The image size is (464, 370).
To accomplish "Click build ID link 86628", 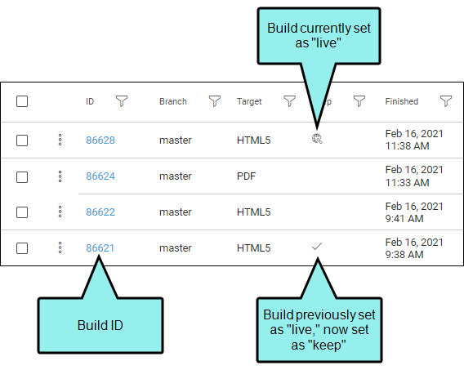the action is pos(100,140).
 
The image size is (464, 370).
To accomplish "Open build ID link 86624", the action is pos(100,176).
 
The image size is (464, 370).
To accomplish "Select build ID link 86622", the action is pos(100,212).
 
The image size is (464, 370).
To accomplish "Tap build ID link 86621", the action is pos(100,247).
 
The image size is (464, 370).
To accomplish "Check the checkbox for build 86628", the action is pos(22,140).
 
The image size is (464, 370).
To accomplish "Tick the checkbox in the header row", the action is pos(22,101).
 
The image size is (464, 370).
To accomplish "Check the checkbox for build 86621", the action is pos(22,248).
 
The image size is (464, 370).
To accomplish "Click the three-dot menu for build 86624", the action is pos(60,176).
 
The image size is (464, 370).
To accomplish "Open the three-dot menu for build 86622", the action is pos(60,212).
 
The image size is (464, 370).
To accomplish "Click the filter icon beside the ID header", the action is pos(122,100).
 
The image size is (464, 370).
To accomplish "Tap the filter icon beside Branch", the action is pos(215,100).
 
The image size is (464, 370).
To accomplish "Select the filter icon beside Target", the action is pos(289,100).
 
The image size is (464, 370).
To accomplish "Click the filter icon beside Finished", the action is pos(446,100).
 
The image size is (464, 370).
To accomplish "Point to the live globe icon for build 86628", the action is pos(317,139).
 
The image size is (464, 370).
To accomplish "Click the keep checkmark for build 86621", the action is pos(317,246).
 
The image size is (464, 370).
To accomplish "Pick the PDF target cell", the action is pos(246,176).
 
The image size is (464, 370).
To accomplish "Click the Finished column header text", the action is pos(402,101).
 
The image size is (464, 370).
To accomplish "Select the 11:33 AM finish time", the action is pos(407,183).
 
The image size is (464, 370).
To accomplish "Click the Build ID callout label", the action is pos(100,325).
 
